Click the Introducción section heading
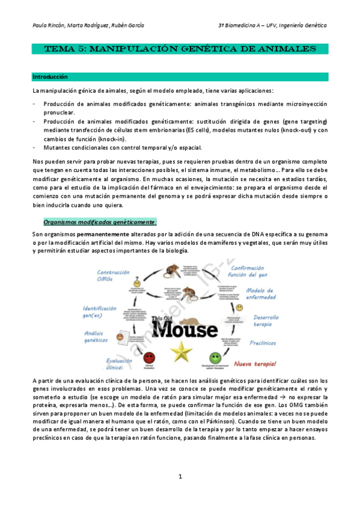[x=50, y=77]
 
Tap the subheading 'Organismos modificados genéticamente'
[x=100, y=223]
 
